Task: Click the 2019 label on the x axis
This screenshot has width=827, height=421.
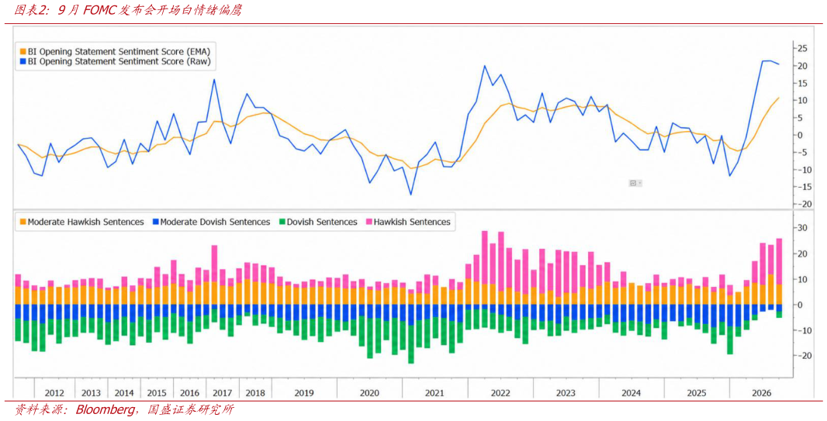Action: coord(304,393)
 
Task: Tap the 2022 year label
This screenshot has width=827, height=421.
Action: coord(500,393)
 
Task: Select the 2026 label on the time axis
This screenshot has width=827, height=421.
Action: coord(762,393)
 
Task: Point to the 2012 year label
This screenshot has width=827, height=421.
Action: coord(55,393)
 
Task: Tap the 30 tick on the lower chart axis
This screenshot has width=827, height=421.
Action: coord(802,228)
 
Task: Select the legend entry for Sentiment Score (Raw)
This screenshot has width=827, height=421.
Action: coord(116,62)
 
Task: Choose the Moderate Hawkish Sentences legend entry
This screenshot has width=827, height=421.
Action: coord(81,223)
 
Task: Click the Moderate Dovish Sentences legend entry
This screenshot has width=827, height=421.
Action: coord(211,223)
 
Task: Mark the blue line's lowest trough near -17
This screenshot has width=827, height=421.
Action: coord(411,195)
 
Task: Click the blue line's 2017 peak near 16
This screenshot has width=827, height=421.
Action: coord(214,80)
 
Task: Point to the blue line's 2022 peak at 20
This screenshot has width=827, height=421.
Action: coord(484,66)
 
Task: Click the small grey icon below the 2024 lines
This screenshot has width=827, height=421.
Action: coord(634,183)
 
